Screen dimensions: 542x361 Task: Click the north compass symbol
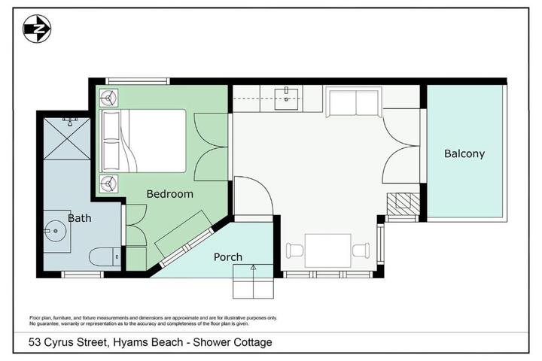[x=37, y=29]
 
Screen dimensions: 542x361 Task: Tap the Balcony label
[x=464, y=153]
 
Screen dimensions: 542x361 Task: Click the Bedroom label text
[x=169, y=194]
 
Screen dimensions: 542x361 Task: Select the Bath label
[x=80, y=218]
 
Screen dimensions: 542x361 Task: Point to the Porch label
[x=228, y=257]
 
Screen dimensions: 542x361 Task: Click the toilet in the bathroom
[x=105, y=256]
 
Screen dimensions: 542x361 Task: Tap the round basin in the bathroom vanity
[x=55, y=231]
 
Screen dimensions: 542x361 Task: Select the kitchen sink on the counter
[x=286, y=99]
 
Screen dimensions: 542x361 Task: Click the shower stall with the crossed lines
[x=67, y=138]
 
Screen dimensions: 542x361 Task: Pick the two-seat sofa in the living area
[x=354, y=102]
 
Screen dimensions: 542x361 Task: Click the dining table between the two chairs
[x=327, y=250]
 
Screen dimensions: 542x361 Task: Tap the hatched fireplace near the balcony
[x=403, y=204]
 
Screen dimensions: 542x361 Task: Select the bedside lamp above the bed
[x=108, y=98]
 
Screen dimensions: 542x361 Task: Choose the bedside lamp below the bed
[x=108, y=184]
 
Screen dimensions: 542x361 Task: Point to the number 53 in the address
[x=35, y=342]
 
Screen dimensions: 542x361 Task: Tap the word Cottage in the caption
[x=253, y=342]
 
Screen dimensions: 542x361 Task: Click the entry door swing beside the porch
[x=254, y=196]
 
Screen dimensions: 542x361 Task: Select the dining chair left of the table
[x=294, y=250]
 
